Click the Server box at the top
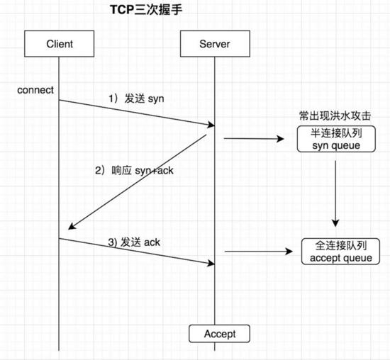pyautogui.click(x=214, y=45)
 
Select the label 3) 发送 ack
pyautogui.click(x=134, y=242)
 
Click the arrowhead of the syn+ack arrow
pyautogui.click(x=70, y=227)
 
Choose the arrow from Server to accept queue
pyautogui.click(x=258, y=252)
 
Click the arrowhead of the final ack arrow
pyautogui.click(x=211, y=264)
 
